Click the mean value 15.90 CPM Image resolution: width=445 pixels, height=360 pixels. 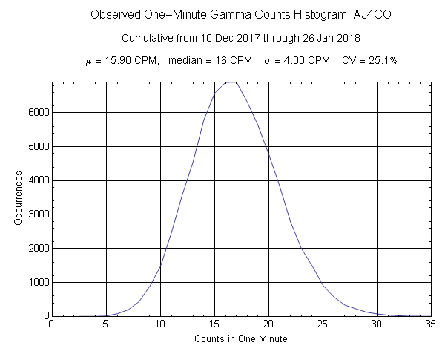133,60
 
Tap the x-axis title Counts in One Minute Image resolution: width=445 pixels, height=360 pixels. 240,339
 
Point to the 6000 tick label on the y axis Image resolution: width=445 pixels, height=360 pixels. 36,113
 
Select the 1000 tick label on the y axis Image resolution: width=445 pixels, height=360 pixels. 36,283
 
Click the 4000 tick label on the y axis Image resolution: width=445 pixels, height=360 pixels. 36,180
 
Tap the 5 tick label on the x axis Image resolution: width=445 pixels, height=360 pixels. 105,324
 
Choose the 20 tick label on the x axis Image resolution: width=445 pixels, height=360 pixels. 268,324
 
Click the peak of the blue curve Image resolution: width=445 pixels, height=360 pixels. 231,82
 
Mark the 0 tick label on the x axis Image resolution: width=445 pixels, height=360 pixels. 51,324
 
